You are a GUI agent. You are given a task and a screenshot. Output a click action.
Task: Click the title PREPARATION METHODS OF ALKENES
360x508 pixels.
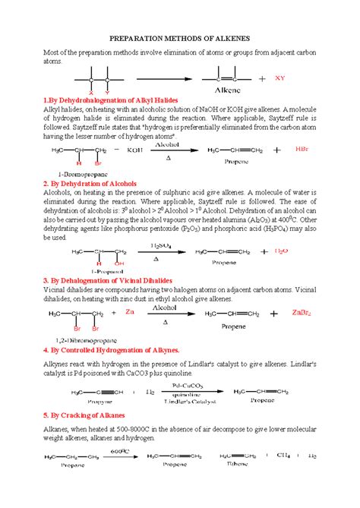point(180,36)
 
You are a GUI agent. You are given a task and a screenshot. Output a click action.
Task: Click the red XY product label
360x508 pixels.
point(280,77)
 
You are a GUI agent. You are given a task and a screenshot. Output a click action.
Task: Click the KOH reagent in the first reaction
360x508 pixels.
point(135,150)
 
